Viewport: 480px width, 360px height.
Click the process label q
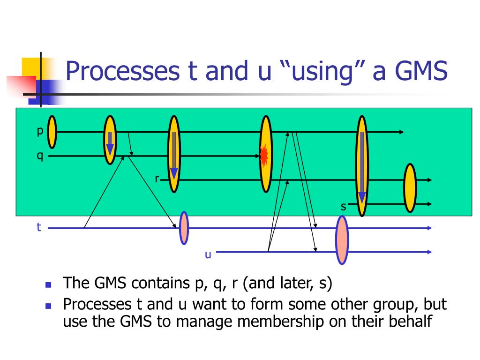[x=40, y=156]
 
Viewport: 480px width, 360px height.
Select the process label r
[x=157, y=179]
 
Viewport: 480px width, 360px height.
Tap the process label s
[x=343, y=206]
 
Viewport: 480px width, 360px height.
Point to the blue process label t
[x=39, y=228]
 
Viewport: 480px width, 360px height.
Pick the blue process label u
[x=208, y=254]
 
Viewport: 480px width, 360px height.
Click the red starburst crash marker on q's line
[x=264, y=155]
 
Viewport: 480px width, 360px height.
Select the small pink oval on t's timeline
[x=184, y=228]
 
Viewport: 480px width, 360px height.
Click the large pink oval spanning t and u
[x=342, y=240]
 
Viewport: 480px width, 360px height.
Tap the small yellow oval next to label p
[x=52, y=132]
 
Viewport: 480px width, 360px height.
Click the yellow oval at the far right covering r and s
[x=410, y=187]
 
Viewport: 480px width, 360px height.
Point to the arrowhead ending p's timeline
[x=401, y=132]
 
